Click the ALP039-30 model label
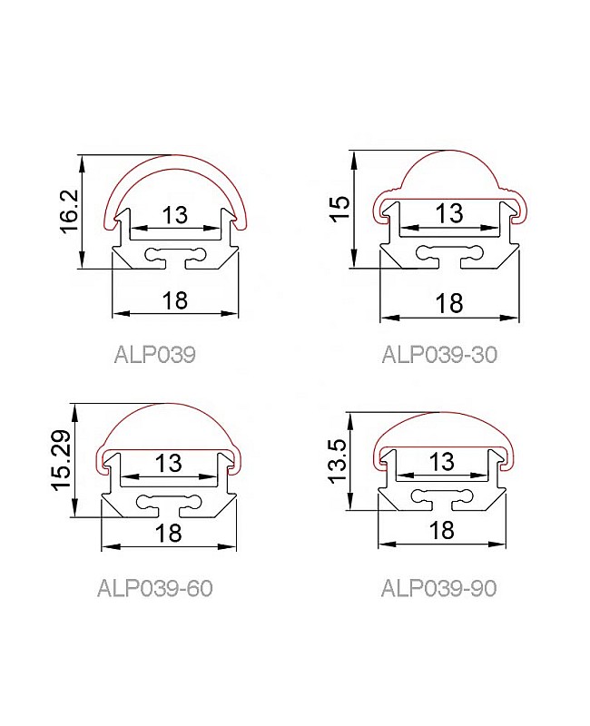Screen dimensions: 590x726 [439, 355]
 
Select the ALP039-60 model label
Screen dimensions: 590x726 [154, 588]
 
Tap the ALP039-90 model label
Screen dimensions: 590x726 [438, 588]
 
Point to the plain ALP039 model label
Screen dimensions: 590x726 [154, 355]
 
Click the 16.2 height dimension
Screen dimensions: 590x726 [71, 211]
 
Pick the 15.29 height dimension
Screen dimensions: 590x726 [61, 460]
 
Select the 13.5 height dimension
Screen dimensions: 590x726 [337, 461]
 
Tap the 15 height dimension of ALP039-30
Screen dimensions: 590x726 [340, 209]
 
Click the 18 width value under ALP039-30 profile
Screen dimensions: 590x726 [448, 303]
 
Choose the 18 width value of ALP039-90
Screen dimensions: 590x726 [441, 531]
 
